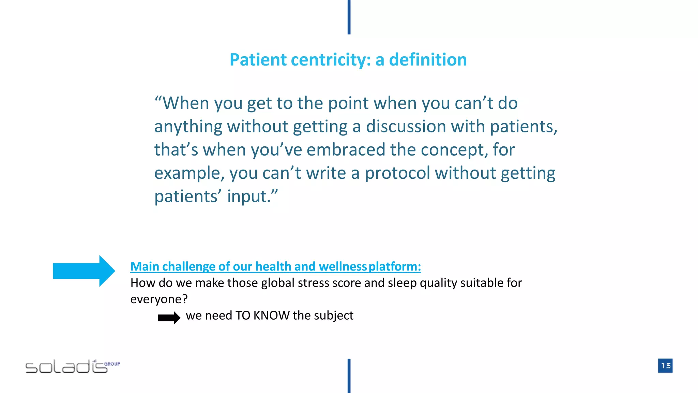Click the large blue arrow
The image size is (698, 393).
(x=84, y=271)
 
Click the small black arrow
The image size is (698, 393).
(x=169, y=318)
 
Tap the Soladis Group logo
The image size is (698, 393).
(x=72, y=366)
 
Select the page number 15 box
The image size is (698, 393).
(x=665, y=366)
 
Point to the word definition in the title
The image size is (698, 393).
(x=428, y=60)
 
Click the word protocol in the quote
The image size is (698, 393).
(x=397, y=173)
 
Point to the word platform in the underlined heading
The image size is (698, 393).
(x=395, y=266)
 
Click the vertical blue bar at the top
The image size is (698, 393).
(x=349, y=17)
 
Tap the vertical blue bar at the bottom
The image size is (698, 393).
(x=349, y=376)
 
